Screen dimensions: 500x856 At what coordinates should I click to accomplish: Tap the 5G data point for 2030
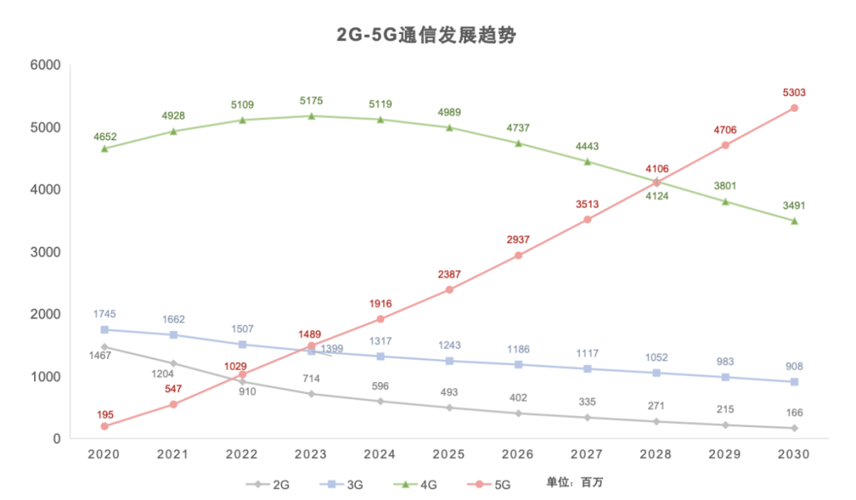coord(794,108)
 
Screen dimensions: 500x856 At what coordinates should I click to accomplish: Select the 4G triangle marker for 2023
coord(311,116)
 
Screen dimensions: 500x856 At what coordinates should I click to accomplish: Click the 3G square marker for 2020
coord(105,330)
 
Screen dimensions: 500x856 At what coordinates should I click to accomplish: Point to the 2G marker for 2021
coord(174,364)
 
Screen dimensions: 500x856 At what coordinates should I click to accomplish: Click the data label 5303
coord(793,93)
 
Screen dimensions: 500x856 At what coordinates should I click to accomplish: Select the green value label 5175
coord(311,101)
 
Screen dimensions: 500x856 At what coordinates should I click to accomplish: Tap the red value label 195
coord(105,414)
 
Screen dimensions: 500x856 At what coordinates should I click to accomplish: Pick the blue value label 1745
coord(105,314)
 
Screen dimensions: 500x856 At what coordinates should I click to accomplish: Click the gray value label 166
coord(793,412)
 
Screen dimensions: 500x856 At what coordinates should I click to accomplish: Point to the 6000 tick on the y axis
coord(45,65)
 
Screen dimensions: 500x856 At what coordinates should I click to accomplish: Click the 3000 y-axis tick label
coord(45,252)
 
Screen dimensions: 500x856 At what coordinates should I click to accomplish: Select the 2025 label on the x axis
coord(449,455)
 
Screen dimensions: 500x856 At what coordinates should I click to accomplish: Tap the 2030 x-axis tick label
coord(793,455)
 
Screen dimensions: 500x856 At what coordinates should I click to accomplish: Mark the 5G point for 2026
coord(518,255)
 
